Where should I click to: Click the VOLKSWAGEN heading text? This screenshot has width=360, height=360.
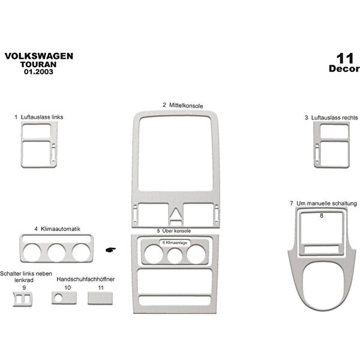(40, 56)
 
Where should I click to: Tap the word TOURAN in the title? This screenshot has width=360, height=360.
(40, 65)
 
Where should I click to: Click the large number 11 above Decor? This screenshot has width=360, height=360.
(344, 58)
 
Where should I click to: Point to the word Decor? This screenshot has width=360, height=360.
(344, 69)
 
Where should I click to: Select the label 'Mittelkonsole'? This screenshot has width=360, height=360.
(185, 105)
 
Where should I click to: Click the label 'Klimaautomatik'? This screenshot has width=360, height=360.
(61, 229)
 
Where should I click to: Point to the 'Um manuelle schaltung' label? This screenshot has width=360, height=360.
(326, 204)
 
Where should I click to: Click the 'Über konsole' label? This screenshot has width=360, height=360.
(178, 230)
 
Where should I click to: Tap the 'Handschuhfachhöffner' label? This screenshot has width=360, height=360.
(86, 280)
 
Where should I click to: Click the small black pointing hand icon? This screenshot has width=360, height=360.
(110, 250)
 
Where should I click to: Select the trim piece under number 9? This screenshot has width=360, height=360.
(25, 298)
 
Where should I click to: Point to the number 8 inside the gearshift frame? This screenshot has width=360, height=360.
(322, 215)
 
